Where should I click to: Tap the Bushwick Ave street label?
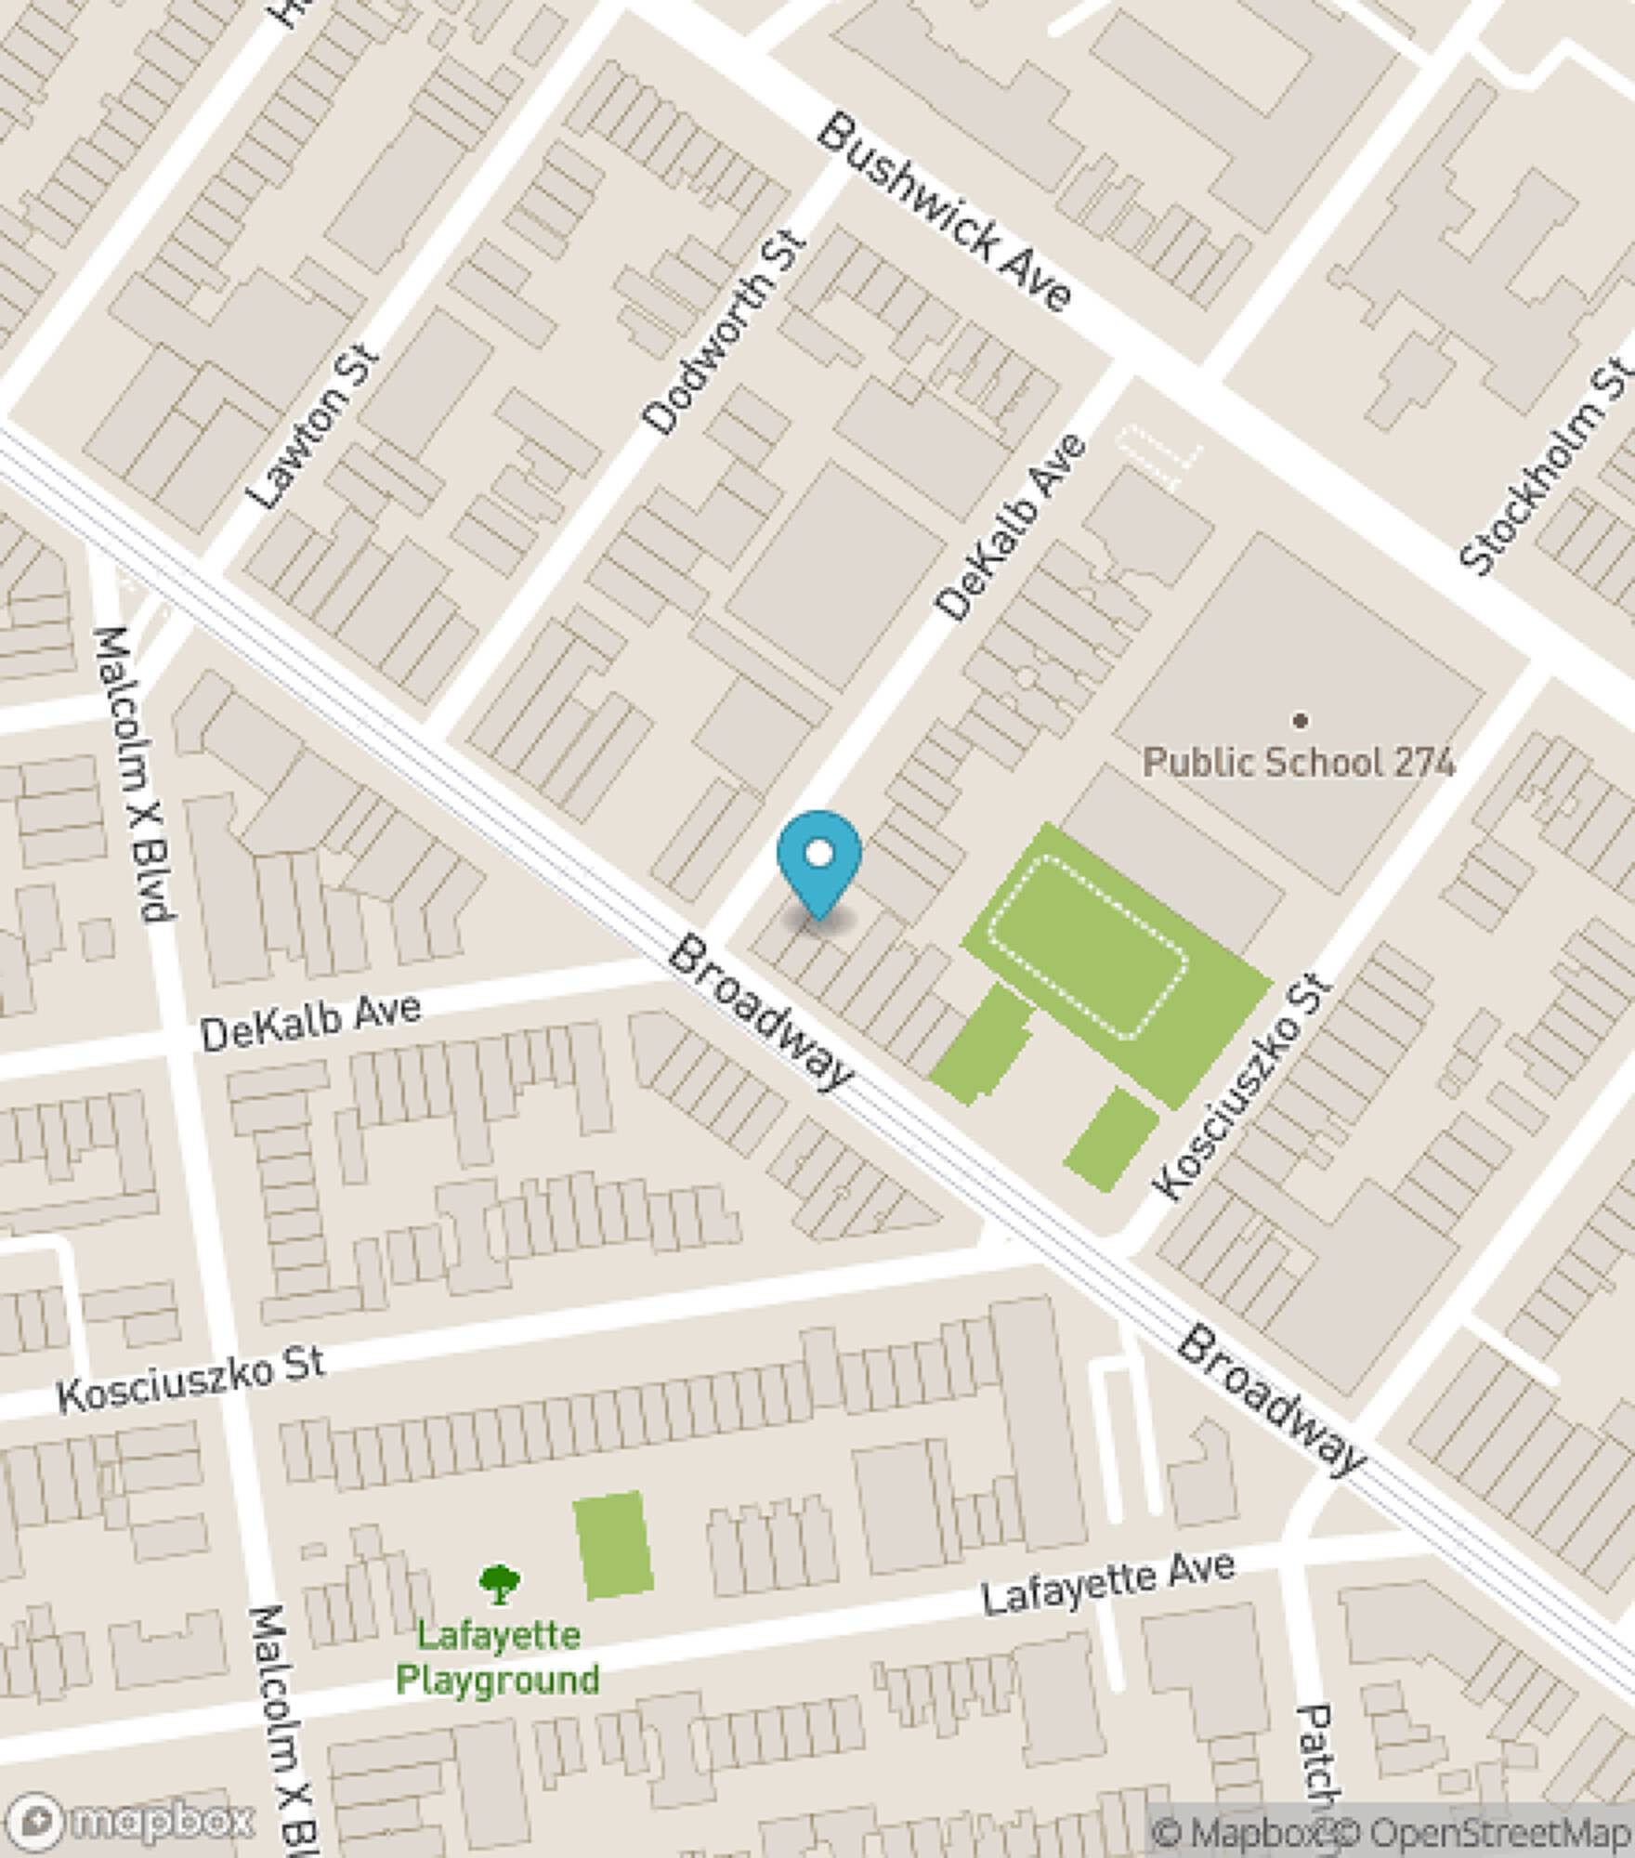[945, 212]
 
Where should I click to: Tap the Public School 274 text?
[1298, 763]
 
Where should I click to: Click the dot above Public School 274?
[1301, 719]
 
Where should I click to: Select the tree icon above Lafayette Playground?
[499, 1584]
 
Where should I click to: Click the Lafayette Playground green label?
[498, 1657]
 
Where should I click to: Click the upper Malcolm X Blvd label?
[134, 774]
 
